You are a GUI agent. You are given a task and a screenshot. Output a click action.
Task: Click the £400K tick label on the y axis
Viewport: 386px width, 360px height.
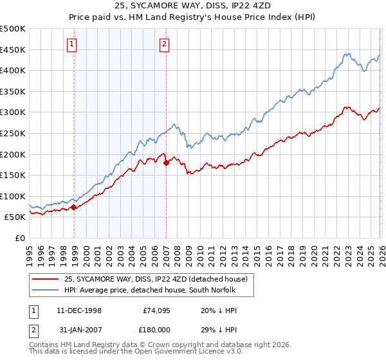click(x=13, y=70)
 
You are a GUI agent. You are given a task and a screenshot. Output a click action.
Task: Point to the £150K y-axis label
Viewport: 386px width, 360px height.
click(x=13, y=175)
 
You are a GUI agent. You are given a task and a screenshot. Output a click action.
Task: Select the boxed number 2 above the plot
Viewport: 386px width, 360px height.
click(x=165, y=44)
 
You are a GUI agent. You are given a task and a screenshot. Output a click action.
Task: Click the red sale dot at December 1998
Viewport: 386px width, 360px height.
click(x=74, y=207)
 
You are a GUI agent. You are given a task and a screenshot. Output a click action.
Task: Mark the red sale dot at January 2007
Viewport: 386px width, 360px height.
click(x=166, y=163)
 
